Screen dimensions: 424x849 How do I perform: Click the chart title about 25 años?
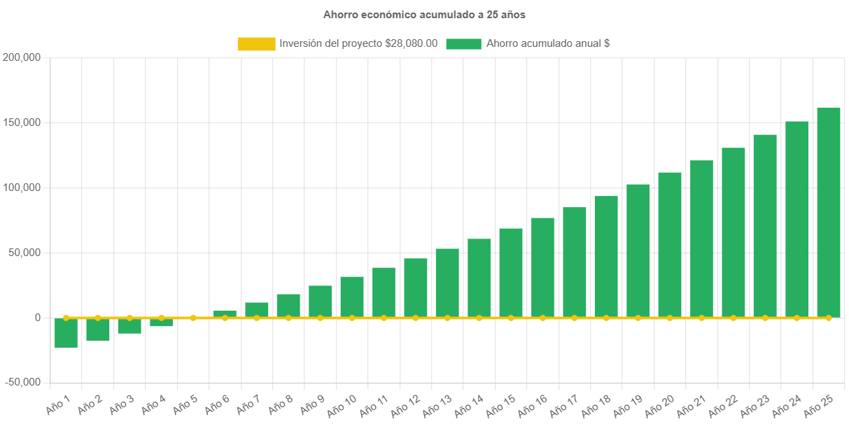(x=424, y=14)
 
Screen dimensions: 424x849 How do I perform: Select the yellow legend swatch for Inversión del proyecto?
(x=256, y=43)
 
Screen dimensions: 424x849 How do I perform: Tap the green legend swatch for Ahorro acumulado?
(x=463, y=43)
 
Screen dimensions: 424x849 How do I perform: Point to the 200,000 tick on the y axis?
(x=22, y=57)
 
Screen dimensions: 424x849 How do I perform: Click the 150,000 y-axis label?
(x=22, y=122)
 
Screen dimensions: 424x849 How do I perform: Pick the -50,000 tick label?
(x=22, y=383)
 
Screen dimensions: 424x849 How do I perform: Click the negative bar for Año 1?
(x=66, y=333)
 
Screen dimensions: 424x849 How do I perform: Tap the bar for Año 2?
(x=98, y=330)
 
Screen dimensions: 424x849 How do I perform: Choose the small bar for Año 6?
(x=225, y=313)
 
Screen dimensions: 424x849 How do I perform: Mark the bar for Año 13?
(x=447, y=283)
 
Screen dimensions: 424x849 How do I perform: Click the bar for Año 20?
(x=670, y=245)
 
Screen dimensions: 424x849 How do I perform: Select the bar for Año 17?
(x=575, y=262)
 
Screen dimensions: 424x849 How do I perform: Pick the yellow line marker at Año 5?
(x=193, y=318)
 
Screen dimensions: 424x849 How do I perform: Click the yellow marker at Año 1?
(x=66, y=318)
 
